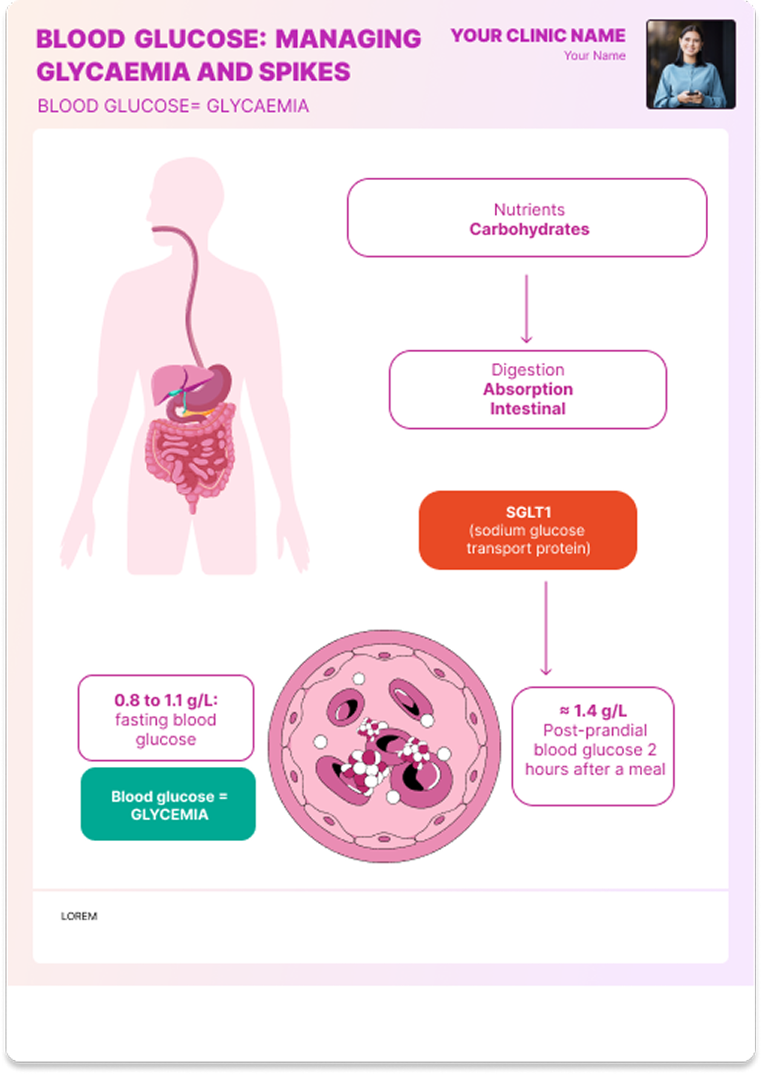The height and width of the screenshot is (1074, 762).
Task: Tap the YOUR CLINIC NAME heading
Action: tap(538, 36)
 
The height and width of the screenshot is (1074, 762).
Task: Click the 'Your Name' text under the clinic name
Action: tap(594, 56)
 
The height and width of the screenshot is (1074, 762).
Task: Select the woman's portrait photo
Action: tap(691, 64)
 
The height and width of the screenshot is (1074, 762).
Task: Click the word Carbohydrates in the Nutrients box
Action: tap(529, 230)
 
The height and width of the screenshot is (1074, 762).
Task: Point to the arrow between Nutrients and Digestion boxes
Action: tap(526, 308)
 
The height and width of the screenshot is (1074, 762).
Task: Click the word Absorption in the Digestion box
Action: tap(527, 389)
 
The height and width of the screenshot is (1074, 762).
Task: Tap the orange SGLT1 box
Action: tap(527, 530)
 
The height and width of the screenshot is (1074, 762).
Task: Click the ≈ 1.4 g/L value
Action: tap(593, 711)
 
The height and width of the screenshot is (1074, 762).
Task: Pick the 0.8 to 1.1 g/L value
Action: tap(166, 700)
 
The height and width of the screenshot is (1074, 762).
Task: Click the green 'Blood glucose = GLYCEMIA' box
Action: tap(168, 804)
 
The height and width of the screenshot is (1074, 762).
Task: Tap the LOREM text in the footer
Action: tap(79, 916)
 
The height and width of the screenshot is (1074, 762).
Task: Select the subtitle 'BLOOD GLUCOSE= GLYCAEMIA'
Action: tap(173, 106)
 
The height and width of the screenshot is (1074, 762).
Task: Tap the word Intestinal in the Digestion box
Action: tap(527, 409)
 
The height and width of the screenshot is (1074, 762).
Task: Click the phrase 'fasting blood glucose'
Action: tap(166, 730)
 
